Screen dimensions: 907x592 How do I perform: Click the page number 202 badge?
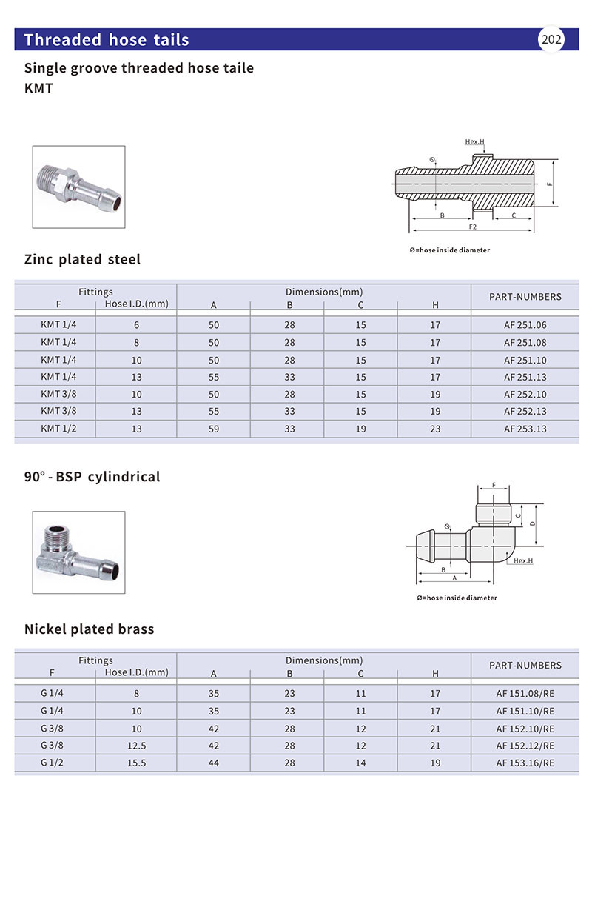pos(551,40)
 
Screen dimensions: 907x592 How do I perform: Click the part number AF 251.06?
pos(525,325)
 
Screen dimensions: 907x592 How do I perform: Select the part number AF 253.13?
pos(525,429)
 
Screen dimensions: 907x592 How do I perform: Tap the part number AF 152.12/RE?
pos(525,746)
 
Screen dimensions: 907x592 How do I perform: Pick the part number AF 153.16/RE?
pos(525,763)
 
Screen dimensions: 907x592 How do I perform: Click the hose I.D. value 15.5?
pos(136,763)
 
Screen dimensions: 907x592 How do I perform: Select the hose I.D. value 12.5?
pos(136,746)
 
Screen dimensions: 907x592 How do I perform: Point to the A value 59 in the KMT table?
pos(214,429)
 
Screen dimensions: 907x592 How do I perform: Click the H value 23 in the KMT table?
pos(435,429)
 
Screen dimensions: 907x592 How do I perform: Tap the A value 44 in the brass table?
pos(214,763)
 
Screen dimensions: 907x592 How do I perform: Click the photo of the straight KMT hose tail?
pos(78,187)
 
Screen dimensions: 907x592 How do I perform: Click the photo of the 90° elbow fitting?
pos(78,552)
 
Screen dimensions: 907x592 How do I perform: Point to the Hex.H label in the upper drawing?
pos(474,141)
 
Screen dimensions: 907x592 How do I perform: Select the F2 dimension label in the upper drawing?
pos(471,226)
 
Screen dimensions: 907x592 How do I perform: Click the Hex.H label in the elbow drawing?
pos(522,560)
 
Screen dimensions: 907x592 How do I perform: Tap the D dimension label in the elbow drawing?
pos(533,523)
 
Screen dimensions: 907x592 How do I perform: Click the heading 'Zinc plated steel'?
pos(82,260)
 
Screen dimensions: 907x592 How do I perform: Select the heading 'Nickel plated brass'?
pos(89,629)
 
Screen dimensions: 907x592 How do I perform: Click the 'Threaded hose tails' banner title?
pos(107,40)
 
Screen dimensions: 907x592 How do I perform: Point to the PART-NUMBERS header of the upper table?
pos(525,297)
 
